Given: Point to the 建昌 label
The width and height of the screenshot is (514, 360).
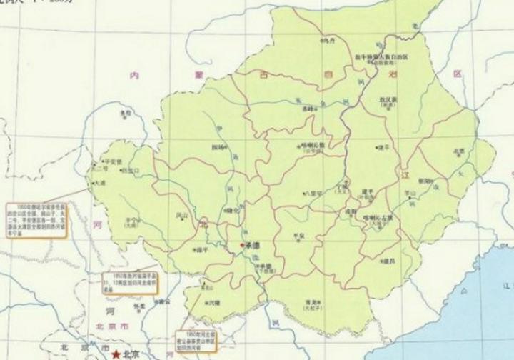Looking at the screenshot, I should (x=389, y=261).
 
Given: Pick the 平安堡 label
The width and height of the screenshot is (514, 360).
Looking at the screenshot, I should (x=114, y=162).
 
